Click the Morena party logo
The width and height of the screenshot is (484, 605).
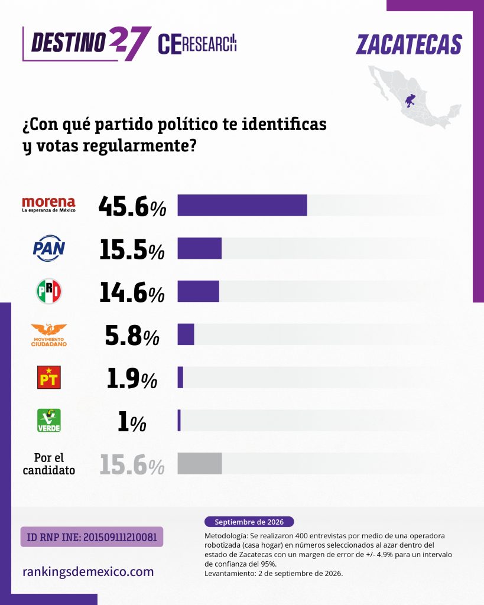pyautogui.click(x=48, y=204)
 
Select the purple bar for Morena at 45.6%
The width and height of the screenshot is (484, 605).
pyautogui.click(x=242, y=205)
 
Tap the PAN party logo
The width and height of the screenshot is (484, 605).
pyautogui.click(x=49, y=248)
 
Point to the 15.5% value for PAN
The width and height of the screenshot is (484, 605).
pyautogui.click(x=132, y=249)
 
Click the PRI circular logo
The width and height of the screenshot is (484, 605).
pyautogui.click(x=49, y=291)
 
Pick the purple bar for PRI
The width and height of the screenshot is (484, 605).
pyautogui.click(x=199, y=291)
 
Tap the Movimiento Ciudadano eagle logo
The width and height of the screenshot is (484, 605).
pyautogui.click(x=49, y=335)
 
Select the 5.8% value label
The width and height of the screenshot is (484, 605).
pyautogui.click(x=132, y=336)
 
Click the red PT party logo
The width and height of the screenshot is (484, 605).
pyautogui.click(x=49, y=378)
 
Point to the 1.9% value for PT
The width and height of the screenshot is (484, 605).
pyautogui.click(x=132, y=379)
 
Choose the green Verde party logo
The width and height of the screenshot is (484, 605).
pyautogui.click(x=49, y=421)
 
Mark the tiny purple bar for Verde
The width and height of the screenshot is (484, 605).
pyautogui.click(x=179, y=421)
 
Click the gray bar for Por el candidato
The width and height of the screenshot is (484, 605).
pyautogui.click(x=200, y=463)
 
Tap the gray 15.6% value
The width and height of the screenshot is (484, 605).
pyautogui.click(x=132, y=464)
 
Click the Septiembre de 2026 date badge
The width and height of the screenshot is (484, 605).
pyautogui.click(x=249, y=522)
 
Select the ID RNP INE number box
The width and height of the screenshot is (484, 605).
pyautogui.click(x=92, y=536)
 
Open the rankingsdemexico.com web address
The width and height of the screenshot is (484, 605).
pyautogui.click(x=88, y=571)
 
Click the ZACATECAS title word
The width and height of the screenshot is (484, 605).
pyautogui.click(x=409, y=44)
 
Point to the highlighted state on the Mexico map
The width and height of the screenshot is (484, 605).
pyautogui.click(x=410, y=100)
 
